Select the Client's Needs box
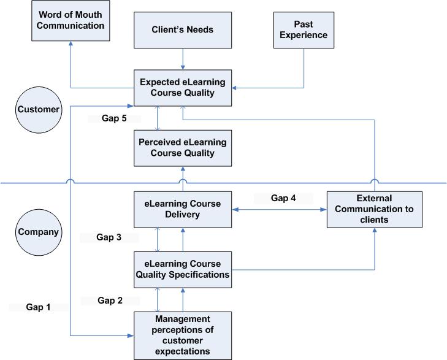[183, 29]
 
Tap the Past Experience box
[304, 29]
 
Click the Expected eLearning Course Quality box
[183, 88]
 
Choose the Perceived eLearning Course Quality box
[183, 148]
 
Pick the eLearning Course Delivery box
[183, 209]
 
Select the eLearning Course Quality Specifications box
[183, 269]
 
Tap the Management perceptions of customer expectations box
[183, 335]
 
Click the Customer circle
[38, 110]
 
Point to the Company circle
[38, 232]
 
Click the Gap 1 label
[39, 307]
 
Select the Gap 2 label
[111, 300]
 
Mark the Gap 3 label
[109, 236]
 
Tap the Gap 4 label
[284, 198]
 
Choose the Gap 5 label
[114, 118]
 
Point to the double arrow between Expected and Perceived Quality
[159, 118]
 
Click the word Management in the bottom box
[183, 319]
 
